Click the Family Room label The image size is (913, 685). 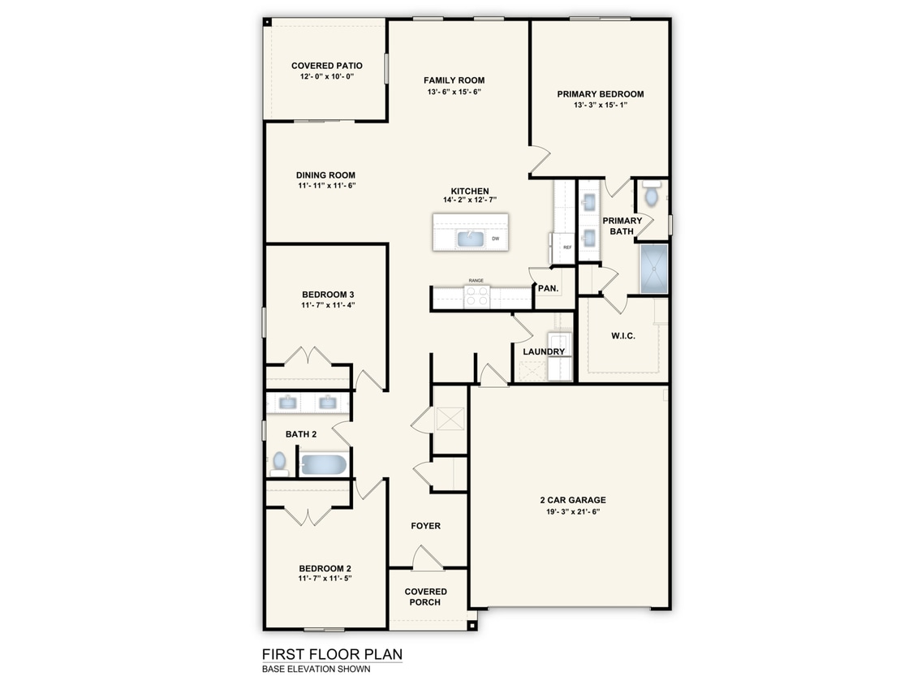454,80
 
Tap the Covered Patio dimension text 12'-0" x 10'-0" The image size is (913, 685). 326,76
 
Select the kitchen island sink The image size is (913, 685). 471,238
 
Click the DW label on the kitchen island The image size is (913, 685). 495,239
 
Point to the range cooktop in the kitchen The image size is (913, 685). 476,298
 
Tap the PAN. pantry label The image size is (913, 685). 547,288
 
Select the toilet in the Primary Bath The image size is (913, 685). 651,196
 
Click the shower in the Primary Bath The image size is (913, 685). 653,269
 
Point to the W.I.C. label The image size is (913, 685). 622,335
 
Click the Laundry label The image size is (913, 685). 543,351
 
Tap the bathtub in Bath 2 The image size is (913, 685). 323,464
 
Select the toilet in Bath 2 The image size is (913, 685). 279,462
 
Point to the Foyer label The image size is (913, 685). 425,526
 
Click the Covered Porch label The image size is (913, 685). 425,597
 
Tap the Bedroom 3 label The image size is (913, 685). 327,295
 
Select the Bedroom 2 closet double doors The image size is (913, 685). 308,515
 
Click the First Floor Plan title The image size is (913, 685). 331,654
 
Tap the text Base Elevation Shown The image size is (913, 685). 316,670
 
